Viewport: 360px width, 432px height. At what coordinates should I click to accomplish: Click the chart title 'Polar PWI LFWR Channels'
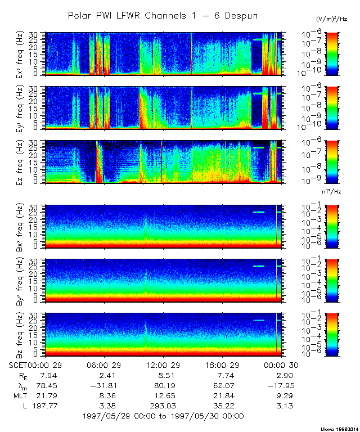(163, 16)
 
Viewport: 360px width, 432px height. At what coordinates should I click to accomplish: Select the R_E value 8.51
(161, 375)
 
